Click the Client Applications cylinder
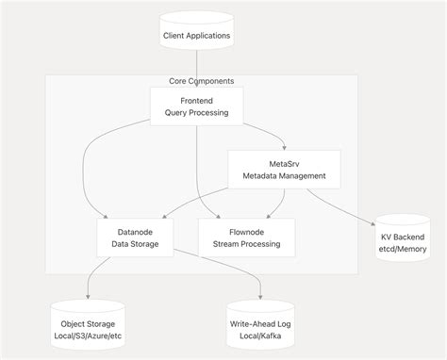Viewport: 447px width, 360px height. (196, 36)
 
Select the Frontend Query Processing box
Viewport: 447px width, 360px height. (196, 105)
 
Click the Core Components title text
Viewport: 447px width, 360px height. (201, 81)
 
